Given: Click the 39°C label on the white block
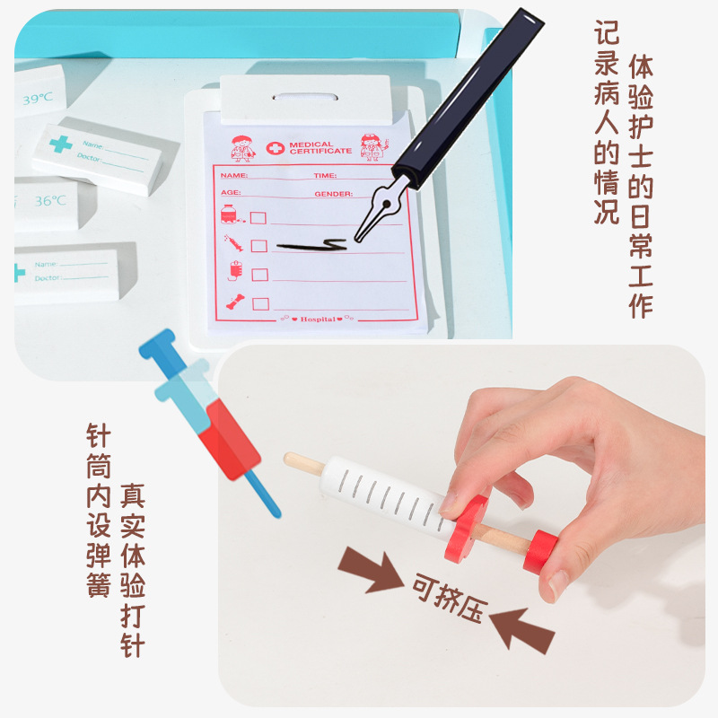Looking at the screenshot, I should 38,99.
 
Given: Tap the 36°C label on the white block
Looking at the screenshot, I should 50,201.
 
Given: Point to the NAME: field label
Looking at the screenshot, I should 234,176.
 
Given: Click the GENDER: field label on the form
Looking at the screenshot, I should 333,193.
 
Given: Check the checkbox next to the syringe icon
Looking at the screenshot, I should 259,245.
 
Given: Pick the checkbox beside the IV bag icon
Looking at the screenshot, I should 259,274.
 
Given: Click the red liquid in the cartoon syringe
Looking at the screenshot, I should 230,440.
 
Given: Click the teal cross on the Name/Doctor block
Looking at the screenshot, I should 60,144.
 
